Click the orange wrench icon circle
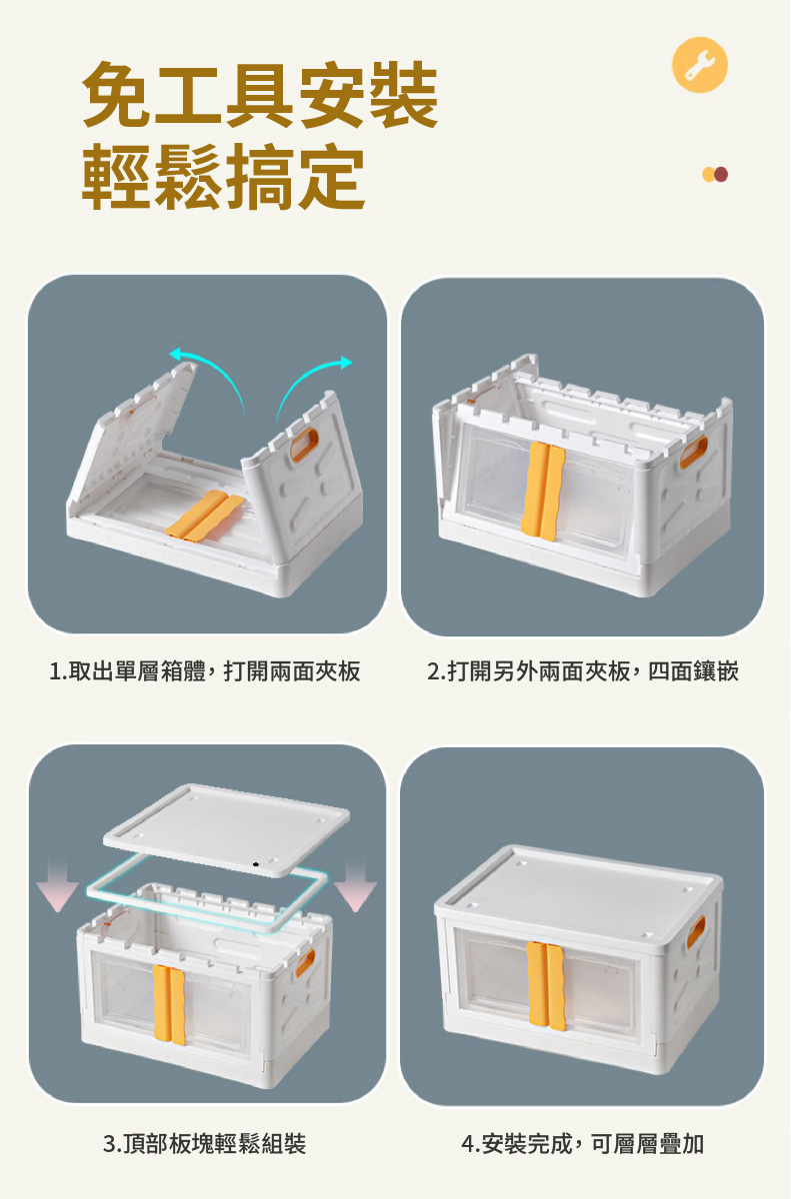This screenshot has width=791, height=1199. click(699, 65)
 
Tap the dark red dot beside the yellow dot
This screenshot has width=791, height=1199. click(721, 175)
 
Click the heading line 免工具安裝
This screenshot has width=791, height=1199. click(260, 95)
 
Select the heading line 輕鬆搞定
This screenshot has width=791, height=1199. click(224, 176)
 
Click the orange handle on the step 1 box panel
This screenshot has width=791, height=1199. click(304, 445)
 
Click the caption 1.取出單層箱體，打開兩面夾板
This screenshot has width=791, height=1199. click(205, 671)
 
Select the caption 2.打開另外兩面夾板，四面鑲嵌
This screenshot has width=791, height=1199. click(583, 671)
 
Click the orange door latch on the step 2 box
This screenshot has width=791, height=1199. click(543, 491)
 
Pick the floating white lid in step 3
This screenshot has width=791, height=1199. click(227, 829)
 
